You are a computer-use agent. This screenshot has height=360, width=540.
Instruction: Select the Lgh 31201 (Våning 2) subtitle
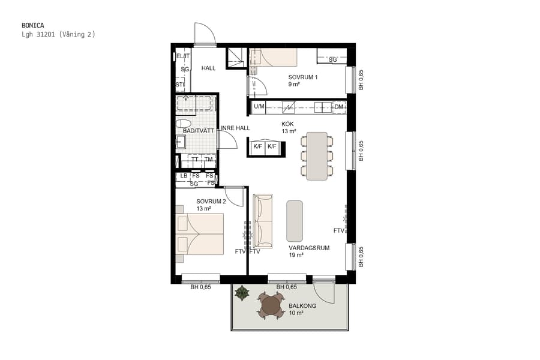coord(58,35)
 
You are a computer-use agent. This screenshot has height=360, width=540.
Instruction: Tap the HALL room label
coord(208,68)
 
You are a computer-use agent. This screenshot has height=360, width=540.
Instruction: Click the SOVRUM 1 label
coord(302,77)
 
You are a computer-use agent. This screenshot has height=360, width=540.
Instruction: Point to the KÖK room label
coord(289,124)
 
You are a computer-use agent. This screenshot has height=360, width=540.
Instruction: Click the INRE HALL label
coord(235,128)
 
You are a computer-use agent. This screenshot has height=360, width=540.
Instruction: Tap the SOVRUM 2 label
coord(211,202)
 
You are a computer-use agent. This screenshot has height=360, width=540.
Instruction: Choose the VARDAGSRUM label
coord(309,248)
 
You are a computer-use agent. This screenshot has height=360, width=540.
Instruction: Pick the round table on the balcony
coord(271,307)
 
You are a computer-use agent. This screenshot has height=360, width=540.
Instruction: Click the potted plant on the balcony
coord(242,293)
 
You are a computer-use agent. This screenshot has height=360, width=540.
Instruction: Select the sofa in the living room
coord(262,221)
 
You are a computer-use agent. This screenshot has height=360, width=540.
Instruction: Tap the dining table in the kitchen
coord(317,156)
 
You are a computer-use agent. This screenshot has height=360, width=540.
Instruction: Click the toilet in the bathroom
coord(184,122)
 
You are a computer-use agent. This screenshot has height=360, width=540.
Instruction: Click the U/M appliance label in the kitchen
coord(259,107)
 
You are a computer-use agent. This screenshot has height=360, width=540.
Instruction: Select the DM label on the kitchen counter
coord(339,107)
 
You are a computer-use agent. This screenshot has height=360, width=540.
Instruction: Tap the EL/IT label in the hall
coord(183,56)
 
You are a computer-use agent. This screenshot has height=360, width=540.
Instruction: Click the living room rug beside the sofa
coord(295,221)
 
